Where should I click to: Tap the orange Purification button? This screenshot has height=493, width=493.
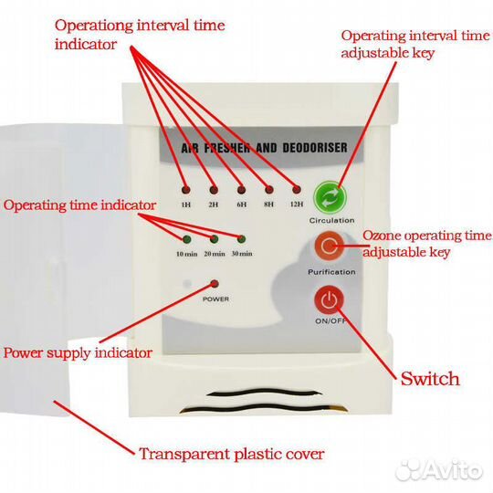coord(329,246)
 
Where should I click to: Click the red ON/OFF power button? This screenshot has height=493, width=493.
coord(329,300)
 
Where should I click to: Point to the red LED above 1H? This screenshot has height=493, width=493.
coord(186,190)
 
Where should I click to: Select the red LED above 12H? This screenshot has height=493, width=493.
coord(297,190)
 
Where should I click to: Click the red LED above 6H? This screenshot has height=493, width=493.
coord(241,190)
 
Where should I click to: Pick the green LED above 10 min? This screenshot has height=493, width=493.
coord(187,239)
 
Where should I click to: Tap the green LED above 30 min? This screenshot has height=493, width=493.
coord(241,239)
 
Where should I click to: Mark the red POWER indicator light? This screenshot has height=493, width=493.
coord(215,284)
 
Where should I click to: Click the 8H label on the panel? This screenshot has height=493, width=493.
coord(268,205)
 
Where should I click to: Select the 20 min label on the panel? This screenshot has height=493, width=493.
coord(215,254)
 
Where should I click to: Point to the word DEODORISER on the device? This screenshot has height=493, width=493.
coord(315,148)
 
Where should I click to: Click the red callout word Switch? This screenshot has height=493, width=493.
coord(430,379)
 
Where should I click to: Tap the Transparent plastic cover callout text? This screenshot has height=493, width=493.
coord(232,455)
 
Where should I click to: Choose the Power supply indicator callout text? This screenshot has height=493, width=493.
coord(78,353)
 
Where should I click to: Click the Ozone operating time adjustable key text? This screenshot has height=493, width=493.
coord(427,244)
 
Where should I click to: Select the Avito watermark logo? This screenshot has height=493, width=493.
coord(439,470)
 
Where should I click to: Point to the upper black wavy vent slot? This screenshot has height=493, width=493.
coord(264,393)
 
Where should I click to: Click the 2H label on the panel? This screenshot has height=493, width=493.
coord(214,205)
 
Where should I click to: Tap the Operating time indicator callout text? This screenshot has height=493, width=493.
coord(79,205)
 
